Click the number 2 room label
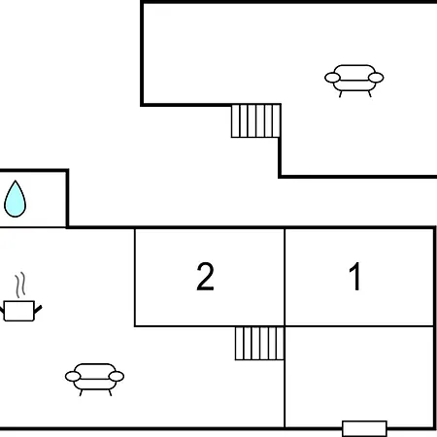click(205, 276)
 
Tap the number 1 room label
click(355, 276)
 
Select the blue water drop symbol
click(15, 199)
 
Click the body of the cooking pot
click(19, 311)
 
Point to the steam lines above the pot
click(20, 285)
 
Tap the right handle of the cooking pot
click(38, 310)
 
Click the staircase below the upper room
click(255, 120)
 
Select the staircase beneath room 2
click(259, 343)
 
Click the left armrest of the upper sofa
click(332, 78)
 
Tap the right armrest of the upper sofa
click(376, 78)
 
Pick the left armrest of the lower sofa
click(73, 377)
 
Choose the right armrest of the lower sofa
click(117, 377)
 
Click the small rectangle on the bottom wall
click(364, 428)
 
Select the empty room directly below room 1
click(359, 377)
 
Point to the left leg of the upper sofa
click(341, 94)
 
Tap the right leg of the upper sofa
click(369, 94)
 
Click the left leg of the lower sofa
click(81, 392)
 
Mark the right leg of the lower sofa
click(110, 392)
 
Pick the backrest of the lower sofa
click(94, 369)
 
